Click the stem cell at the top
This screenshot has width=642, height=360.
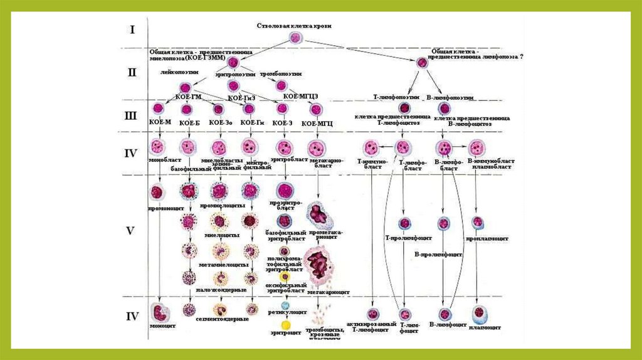pyautogui.click(x=296, y=38)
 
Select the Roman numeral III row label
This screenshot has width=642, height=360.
pyautogui.click(x=132, y=115)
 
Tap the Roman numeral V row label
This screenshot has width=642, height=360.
pyautogui.click(x=131, y=230)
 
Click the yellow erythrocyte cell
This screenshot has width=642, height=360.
pyautogui.click(x=285, y=325)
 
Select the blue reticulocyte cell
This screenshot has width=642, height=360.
pyautogui.click(x=285, y=305)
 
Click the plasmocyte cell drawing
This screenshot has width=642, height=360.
pyautogui.click(x=478, y=312)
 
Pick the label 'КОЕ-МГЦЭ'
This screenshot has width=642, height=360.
pyautogui.click(x=299, y=96)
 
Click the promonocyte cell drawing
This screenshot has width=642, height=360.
pyautogui.click(x=157, y=191)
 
